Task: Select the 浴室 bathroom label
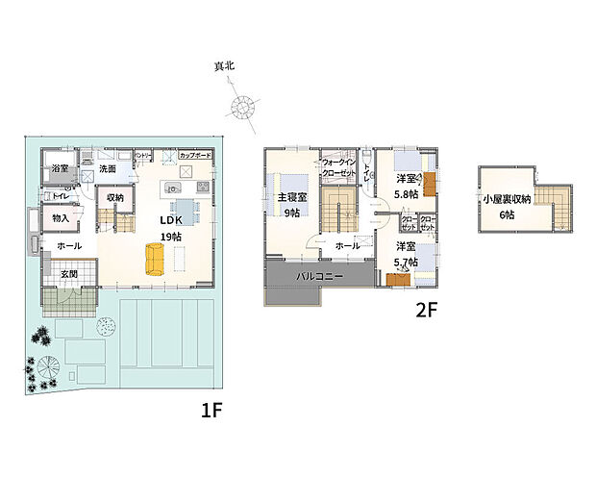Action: click(60, 169)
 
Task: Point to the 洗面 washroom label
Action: click(107, 169)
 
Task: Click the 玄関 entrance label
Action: click(69, 273)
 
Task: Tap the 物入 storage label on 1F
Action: click(61, 219)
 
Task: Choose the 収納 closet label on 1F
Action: click(115, 197)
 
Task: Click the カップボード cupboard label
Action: click(195, 155)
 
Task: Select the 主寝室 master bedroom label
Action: click(291, 198)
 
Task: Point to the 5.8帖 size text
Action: click(407, 194)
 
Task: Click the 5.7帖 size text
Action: click(407, 262)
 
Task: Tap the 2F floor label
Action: click(426, 312)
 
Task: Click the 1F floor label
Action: click(212, 410)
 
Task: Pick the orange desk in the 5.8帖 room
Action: click(431, 183)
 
